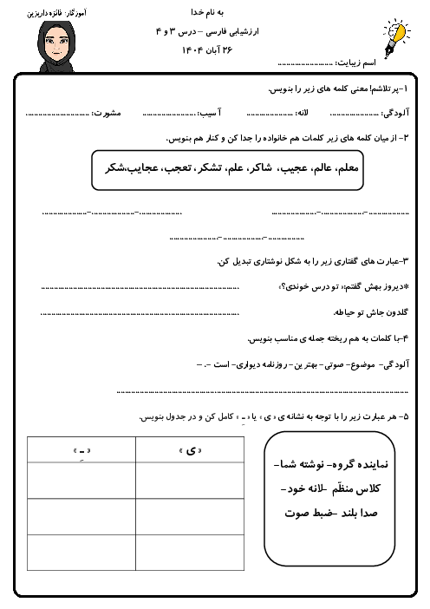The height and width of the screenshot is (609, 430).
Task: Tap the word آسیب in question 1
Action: (x=206, y=113)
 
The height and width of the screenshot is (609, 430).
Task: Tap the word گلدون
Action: (x=397, y=311)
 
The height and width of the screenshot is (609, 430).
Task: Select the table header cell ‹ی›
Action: (x=190, y=450)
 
